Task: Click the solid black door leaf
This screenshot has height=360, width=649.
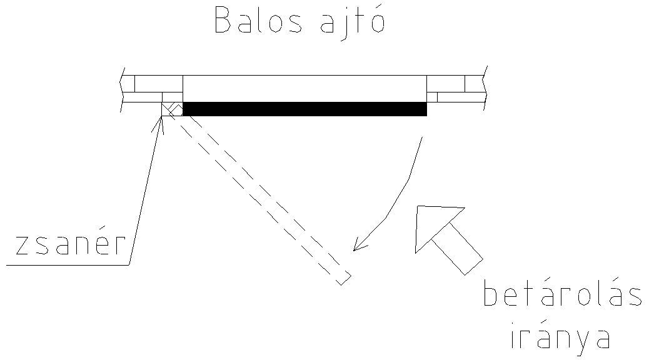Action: pos(304,109)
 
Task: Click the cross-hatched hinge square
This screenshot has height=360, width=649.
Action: pos(172,109)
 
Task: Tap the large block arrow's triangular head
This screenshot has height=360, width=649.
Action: pos(435,224)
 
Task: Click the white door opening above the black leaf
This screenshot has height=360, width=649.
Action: pos(304,88)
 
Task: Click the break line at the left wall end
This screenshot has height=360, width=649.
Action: pos(123,89)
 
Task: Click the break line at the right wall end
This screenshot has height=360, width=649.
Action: pos(485,88)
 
